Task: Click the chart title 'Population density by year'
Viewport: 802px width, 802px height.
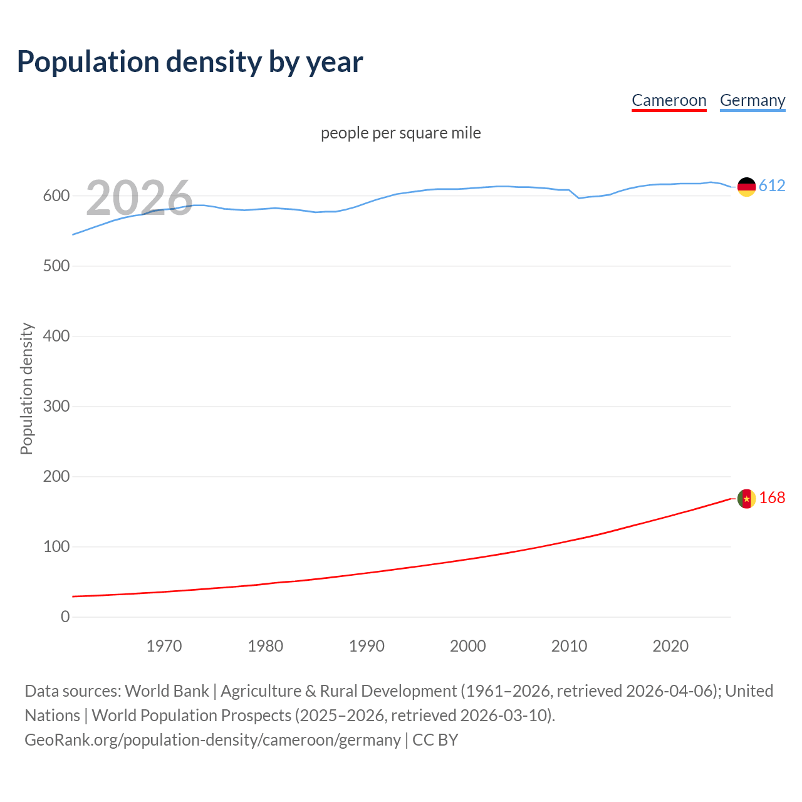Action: (x=190, y=61)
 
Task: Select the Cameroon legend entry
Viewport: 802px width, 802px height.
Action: (x=669, y=100)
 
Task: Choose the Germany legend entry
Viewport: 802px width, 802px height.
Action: (x=752, y=100)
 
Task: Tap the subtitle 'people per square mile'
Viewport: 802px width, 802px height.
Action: (x=400, y=133)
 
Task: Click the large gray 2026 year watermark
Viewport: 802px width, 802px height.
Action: (x=139, y=198)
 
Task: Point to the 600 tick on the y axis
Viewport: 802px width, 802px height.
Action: (x=56, y=196)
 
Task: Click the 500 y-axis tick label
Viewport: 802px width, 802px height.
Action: (x=56, y=266)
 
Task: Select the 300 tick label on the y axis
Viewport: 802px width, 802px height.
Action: (x=56, y=407)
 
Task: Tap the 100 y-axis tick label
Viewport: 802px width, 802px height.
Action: (x=56, y=547)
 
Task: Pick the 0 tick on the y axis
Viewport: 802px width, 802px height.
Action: (x=65, y=617)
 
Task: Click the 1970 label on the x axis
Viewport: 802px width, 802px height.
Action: (x=164, y=646)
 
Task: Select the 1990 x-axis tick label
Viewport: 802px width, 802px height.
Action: (x=367, y=646)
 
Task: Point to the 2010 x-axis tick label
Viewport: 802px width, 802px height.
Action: (x=569, y=646)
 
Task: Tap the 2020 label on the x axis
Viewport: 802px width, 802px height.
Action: (x=670, y=646)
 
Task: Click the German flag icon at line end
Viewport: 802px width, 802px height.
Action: (x=746, y=187)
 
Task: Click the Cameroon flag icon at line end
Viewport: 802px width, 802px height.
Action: (x=746, y=499)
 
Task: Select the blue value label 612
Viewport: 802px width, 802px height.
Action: (x=772, y=185)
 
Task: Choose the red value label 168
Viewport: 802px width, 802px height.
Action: (x=772, y=497)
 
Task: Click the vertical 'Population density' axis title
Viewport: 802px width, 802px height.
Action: (x=26, y=388)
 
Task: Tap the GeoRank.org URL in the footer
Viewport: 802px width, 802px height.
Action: (x=212, y=740)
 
